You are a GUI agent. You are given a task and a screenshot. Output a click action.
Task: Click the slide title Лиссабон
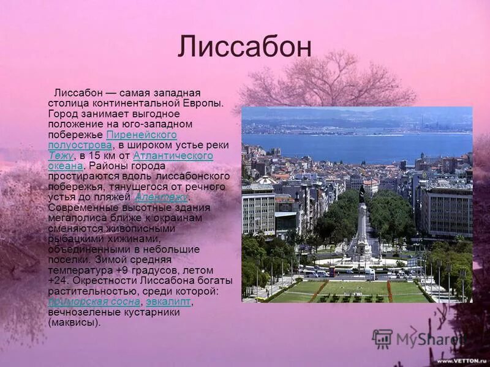coord(244,47)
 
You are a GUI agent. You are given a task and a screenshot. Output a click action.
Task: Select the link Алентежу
coord(162,197)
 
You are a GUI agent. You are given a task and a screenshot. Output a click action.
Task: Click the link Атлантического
coord(173,156)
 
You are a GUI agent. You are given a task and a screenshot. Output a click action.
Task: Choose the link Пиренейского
coord(141,135)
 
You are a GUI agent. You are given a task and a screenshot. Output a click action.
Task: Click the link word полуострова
coord(80,146)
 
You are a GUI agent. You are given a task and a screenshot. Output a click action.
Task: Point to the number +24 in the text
coord(58,281)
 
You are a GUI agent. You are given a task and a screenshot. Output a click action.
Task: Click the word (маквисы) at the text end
coord(73,322)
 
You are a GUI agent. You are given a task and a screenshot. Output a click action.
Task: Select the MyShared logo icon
coord(382,339)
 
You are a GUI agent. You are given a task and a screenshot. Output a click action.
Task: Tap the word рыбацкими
coord(74,239)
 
